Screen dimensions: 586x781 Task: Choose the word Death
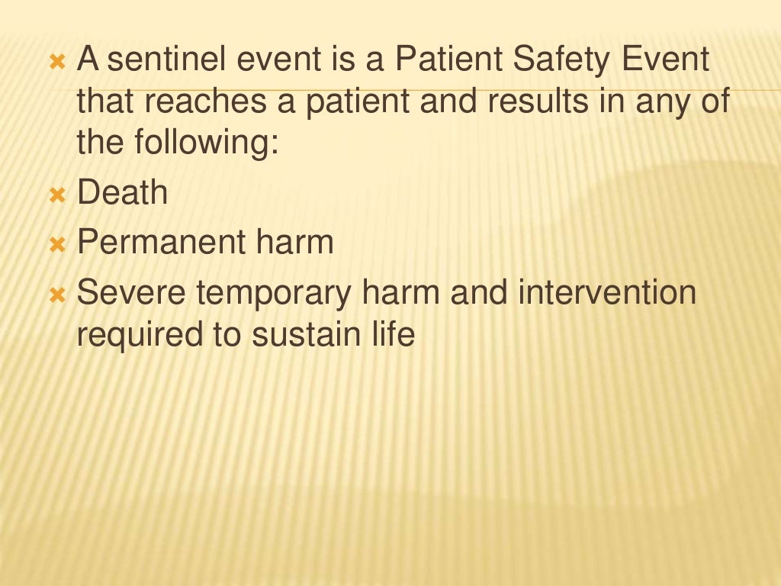point(123,192)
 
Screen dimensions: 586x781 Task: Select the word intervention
point(608,293)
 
